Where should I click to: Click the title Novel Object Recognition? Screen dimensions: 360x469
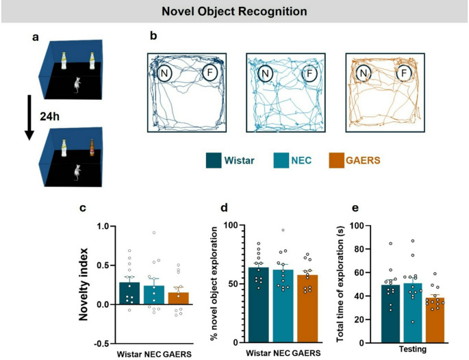click(234, 12)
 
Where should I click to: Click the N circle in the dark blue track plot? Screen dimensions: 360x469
click(165, 70)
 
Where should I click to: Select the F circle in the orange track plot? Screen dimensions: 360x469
click(405, 72)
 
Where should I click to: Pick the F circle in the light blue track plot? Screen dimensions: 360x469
click(311, 72)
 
